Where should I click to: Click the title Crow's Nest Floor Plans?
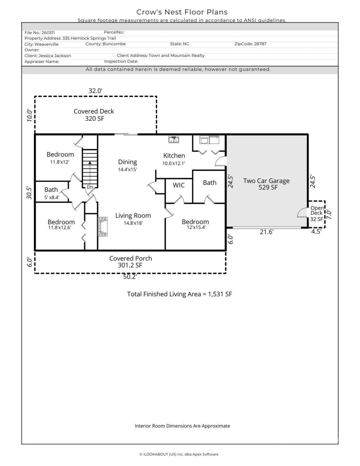click(x=182, y=12)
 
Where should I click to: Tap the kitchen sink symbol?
click(x=174, y=139)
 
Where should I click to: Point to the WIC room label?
click(x=179, y=185)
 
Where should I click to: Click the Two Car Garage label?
click(x=266, y=181)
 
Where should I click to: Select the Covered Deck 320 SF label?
click(x=94, y=115)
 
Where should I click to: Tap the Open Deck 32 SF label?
click(x=317, y=214)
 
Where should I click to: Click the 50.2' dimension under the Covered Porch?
click(x=130, y=277)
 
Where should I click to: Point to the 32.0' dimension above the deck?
click(x=95, y=91)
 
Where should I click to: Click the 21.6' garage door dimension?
click(x=267, y=232)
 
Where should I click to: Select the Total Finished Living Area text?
click(x=180, y=294)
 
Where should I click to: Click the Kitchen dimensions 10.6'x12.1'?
click(x=174, y=163)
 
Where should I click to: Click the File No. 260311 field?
click(x=39, y=32)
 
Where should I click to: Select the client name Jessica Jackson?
click(x=55, y=56)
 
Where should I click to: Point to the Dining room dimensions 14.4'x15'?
click(x=127, y=169)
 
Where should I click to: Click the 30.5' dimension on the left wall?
click(x=29, y=193)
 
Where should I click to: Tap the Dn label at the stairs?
click(x=90, y=187)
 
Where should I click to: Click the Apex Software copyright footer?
click(x=179, y=454)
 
